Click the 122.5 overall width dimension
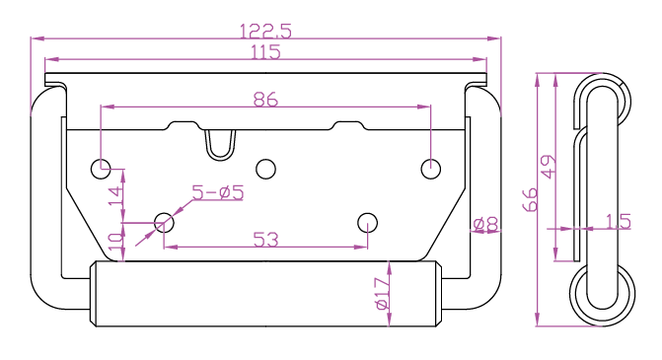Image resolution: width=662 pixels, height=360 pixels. (265, 32)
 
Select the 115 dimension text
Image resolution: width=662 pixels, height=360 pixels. (265, 52)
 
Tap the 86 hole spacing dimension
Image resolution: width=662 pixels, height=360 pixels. (265, 100)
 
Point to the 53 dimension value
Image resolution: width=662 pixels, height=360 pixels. (265, 240)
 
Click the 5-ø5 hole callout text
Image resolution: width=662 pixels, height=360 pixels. (218, 192)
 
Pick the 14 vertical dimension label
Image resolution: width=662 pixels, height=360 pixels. (116, 195)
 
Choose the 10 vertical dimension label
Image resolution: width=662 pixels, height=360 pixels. (116, 241)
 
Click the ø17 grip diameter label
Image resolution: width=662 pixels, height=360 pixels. (383, 294)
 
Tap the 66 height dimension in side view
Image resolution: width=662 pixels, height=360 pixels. (530, 199)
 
